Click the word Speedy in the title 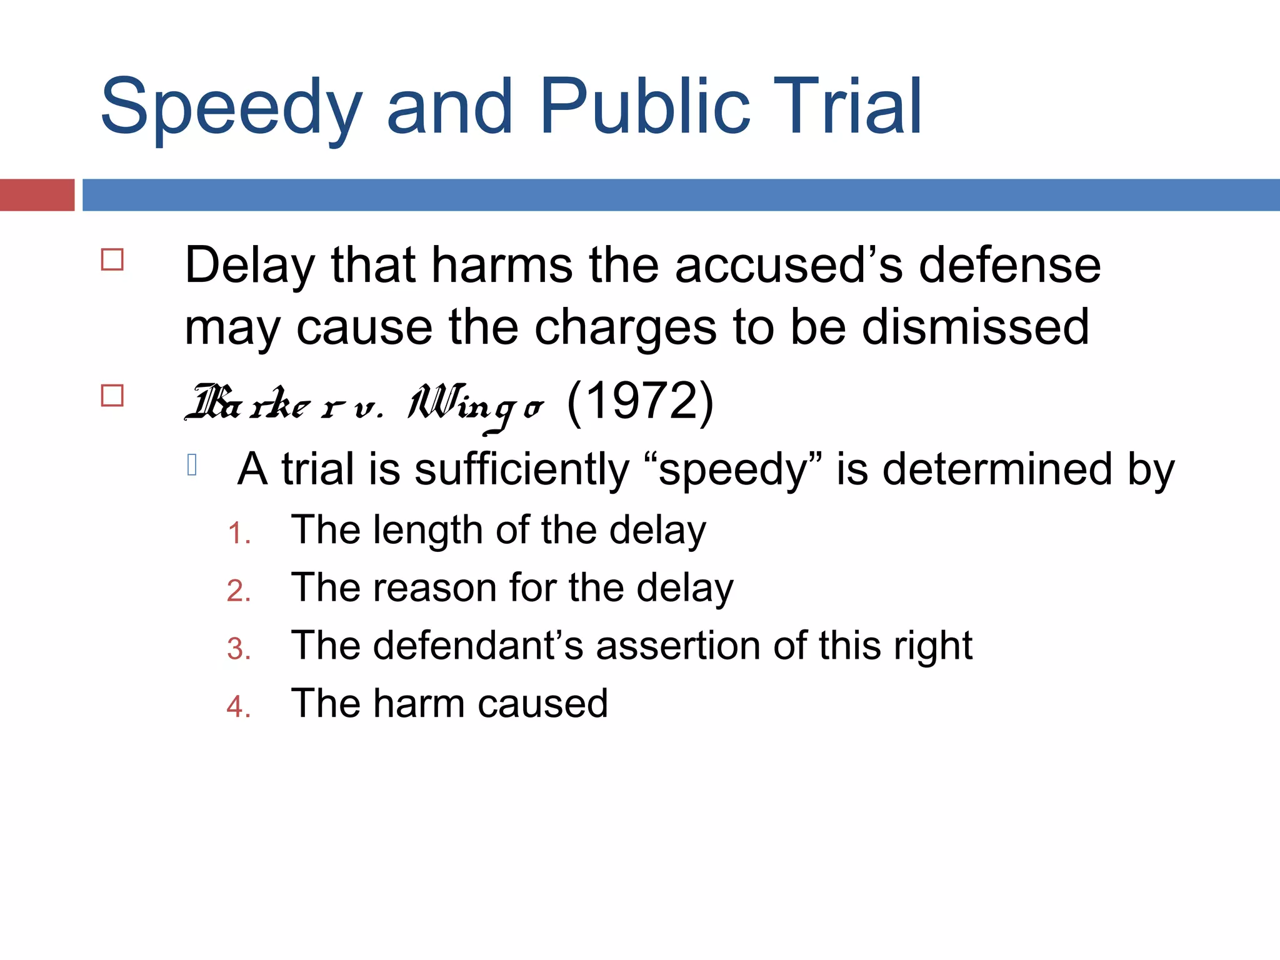tap(231, 109)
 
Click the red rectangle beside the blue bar tap(37, 195)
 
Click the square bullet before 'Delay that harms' tap(112, 259)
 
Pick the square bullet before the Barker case tap(112, 396)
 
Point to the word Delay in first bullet tap(249, 266)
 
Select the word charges tap(625, 328)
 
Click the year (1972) tap(640, 401)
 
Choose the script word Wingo tap(475, 405)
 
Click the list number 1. tap(238, 534)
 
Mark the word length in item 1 tap(428, 531)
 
